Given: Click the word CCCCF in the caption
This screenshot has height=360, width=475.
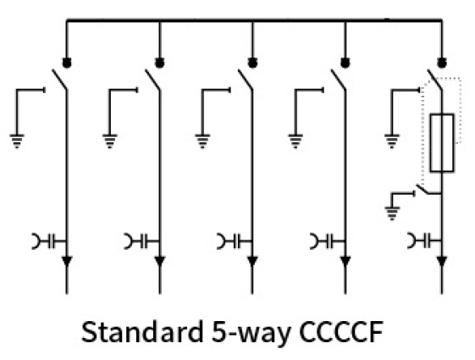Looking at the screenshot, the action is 341,332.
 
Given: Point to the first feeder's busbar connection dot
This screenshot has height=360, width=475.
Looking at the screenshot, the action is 67,63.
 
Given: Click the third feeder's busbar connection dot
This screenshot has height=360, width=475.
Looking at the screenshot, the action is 252,63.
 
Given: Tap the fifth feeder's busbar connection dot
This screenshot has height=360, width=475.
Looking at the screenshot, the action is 442,63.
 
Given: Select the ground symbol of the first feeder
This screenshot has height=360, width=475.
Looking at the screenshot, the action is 17,141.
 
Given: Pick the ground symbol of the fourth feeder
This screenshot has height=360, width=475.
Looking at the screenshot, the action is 295,141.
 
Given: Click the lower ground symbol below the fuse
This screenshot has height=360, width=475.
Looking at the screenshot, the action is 392,213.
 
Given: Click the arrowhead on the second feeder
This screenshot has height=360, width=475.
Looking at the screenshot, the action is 160,261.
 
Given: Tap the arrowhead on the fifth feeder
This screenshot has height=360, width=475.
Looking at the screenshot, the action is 442,261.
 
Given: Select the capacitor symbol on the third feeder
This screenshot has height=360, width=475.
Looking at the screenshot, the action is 235,241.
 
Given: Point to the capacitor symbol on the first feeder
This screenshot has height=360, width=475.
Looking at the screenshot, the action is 49,241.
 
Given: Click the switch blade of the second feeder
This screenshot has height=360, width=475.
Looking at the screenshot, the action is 152,80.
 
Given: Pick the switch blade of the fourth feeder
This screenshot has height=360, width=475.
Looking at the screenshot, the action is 339,80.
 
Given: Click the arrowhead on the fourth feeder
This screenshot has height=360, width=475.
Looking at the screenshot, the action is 345,261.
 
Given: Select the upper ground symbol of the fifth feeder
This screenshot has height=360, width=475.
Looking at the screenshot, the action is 392,141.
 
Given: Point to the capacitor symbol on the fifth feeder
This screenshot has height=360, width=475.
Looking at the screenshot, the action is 424,241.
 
